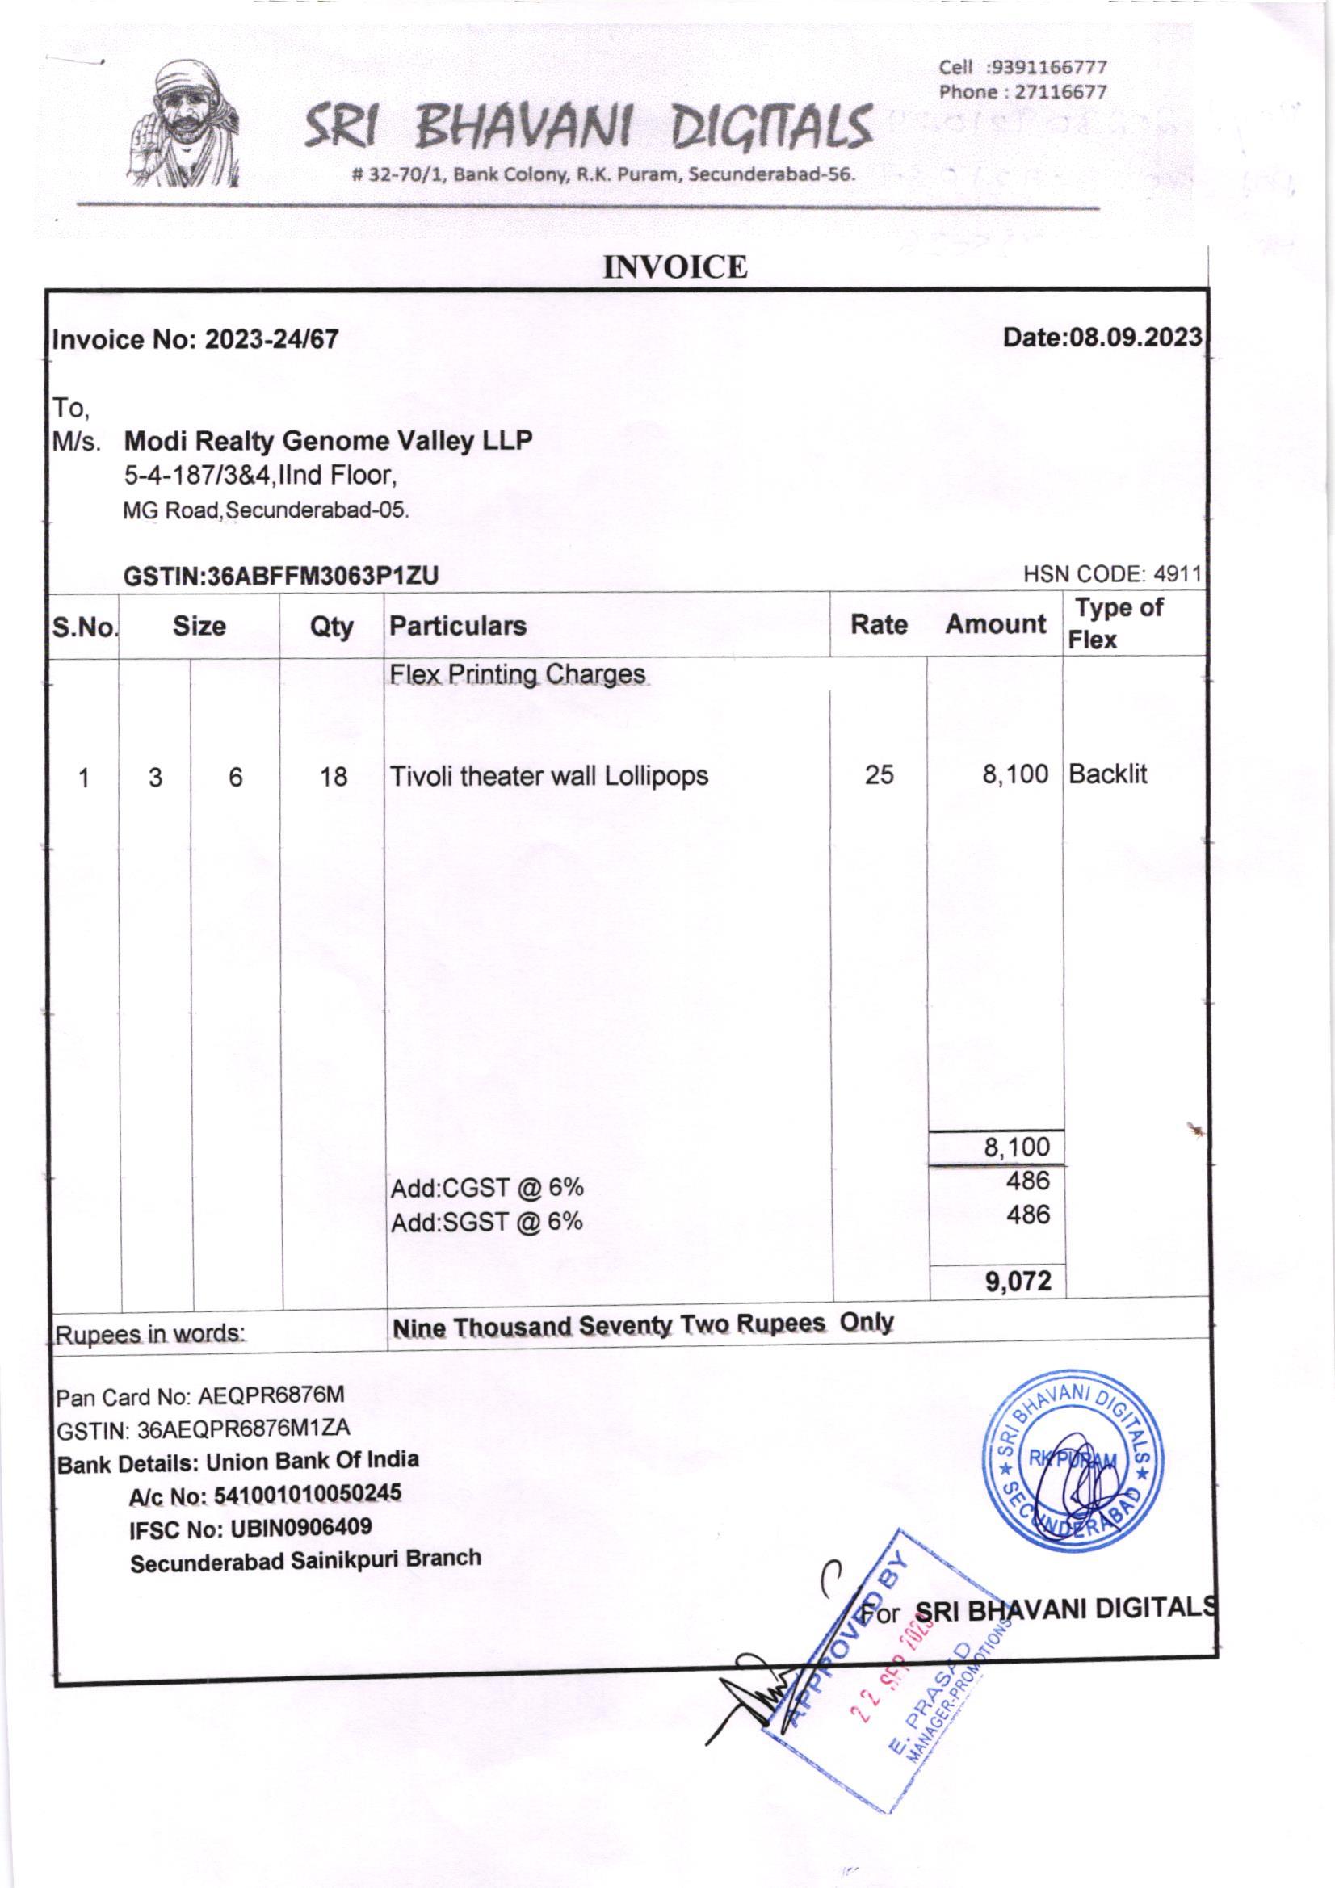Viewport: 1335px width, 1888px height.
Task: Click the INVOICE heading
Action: click(675, 267)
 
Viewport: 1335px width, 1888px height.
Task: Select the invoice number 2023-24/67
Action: click(271, 340)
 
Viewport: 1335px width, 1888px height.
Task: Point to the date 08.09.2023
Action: click(1136, 338)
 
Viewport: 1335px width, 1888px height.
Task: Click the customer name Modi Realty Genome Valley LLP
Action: click(328, 442)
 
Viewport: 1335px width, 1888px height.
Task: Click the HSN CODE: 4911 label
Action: click(1112, 575)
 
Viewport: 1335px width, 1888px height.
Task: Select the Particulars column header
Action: click(458, 626)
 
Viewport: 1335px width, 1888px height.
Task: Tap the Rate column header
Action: click(879, 625)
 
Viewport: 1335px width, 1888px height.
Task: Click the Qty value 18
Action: click(333, 777)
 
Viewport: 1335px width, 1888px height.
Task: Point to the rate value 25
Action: click(879, 774)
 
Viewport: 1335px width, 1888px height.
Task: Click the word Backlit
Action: click(1107, 774)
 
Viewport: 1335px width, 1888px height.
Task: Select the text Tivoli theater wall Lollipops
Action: click(548, 776)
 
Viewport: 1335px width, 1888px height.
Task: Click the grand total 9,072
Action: click(1018, 1281)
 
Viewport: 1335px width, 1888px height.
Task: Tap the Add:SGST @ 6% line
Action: click(487, 1223)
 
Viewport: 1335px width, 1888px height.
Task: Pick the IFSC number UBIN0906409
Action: click(300, 1528)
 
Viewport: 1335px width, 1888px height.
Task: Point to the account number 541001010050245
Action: click(307, 1494)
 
